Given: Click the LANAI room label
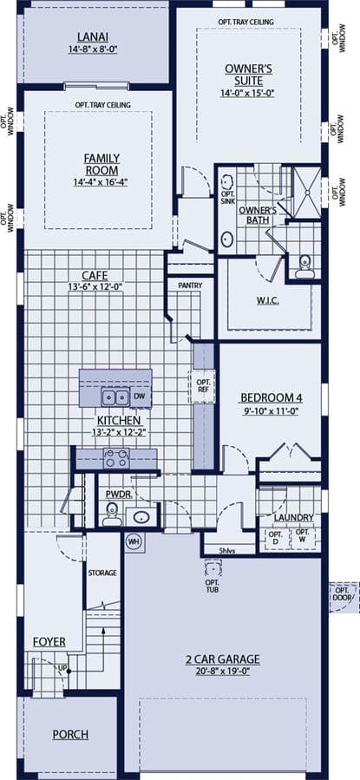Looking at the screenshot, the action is click(93, 36).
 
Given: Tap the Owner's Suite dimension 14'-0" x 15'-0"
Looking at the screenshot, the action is click(248, 93).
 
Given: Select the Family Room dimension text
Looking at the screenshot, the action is click(101, 182).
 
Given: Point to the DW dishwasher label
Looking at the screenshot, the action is click(140, 397).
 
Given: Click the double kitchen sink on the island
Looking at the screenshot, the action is click(115, 397).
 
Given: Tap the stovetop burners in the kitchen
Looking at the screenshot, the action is click(116, 458).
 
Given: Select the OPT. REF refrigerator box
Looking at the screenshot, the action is click(202, 386).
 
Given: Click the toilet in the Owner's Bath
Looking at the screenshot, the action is click(304, 266).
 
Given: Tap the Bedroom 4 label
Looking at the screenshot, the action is click(272, 397).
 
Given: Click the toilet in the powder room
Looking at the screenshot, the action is click(111, 515).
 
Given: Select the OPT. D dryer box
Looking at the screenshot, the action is click(276, 538).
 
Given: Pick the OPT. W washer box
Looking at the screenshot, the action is click(303, 537).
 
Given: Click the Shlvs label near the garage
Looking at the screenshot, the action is click(228, 551).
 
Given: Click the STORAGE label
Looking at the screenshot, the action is click(102, 573).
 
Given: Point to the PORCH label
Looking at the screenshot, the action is click(70, 734).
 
